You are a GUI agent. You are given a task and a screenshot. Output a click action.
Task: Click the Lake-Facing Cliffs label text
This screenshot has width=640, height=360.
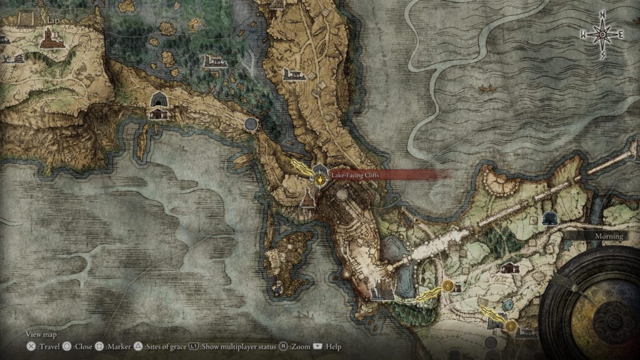355,176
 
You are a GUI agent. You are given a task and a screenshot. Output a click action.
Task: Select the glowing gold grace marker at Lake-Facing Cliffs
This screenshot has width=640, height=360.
320,179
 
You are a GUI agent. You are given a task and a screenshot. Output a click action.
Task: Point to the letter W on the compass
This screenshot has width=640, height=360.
583,36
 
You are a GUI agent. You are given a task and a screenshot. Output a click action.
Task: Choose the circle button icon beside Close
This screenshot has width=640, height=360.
66,346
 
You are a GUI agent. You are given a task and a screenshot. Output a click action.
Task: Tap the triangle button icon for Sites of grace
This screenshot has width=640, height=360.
139,346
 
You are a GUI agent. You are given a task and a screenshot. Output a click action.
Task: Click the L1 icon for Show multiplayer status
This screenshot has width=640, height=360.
194,346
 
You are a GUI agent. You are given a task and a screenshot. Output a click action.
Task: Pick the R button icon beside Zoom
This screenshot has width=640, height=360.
283,346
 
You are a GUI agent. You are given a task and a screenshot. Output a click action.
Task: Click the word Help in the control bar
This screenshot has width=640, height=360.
332,346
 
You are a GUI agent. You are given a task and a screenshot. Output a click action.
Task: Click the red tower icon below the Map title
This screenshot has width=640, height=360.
49,41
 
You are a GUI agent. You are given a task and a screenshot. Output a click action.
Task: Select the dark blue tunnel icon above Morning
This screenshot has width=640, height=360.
551,218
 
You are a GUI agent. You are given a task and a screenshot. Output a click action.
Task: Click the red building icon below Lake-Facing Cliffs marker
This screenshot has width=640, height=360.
307,199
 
